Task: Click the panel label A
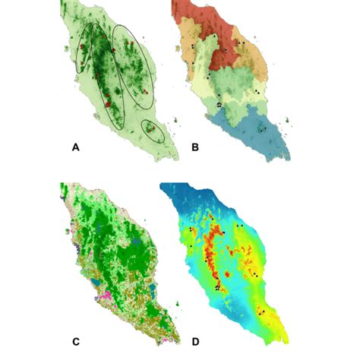click(x=74, y=149)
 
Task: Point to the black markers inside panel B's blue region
click(x=262, y=131)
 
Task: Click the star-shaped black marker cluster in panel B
click(x=219, y=103)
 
